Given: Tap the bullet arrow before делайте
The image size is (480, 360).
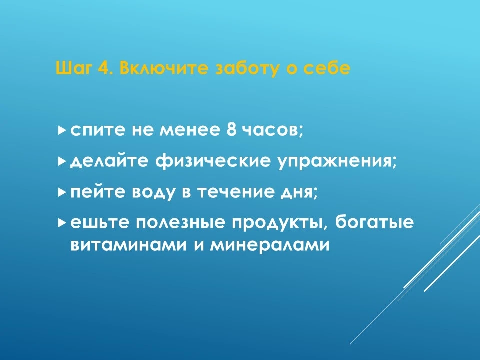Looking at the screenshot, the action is (61, 161).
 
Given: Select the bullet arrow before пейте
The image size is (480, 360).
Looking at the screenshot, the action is (61, 192).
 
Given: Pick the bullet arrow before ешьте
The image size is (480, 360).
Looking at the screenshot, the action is (61, 222).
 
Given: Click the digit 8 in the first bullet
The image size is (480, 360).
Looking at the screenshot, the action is (232, 130).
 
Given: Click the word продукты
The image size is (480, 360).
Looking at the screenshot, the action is (280, 224).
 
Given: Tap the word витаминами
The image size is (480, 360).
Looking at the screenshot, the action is (128, 245).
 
